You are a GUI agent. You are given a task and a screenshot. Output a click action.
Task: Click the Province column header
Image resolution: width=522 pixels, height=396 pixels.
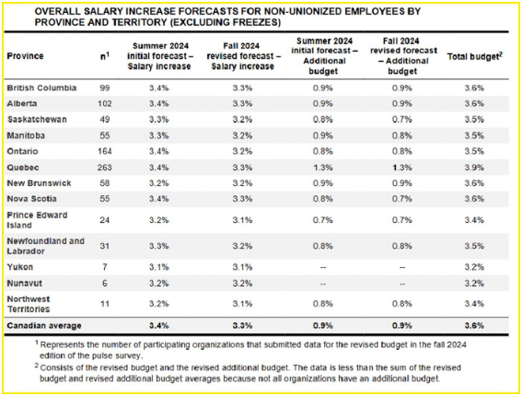pos(25,56)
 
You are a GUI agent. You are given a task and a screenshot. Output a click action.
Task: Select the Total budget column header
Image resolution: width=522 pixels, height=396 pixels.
pos(475,56)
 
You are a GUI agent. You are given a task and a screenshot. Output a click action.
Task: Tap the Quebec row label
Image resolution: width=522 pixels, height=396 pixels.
pos(23,168)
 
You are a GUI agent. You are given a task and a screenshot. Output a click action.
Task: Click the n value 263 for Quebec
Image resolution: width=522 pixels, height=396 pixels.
pos(105,168)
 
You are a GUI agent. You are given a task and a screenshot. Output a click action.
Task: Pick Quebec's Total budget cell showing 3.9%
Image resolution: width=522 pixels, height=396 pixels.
pos(474,168)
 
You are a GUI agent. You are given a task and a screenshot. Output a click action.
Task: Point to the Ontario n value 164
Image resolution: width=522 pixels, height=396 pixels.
pos(105,151)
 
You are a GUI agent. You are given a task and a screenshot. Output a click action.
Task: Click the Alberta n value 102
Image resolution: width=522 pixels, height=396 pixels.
pos(105,103)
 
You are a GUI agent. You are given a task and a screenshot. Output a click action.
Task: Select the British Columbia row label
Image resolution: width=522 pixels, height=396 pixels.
pos(41,87)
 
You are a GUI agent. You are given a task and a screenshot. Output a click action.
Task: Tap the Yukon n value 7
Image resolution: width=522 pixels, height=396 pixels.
pos(105,267)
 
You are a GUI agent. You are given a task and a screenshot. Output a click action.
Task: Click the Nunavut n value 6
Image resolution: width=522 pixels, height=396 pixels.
pos(105,284)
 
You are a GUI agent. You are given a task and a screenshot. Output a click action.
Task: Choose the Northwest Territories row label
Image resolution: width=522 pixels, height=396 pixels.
pos(29,304)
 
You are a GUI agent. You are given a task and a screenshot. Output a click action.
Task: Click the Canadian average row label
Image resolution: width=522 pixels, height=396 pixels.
pos(44,326)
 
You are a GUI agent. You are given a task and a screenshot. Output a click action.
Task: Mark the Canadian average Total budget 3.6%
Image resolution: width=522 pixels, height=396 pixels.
pos(474,326)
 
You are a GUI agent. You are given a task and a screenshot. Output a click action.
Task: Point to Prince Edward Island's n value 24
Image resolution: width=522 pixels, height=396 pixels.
pos(105,220)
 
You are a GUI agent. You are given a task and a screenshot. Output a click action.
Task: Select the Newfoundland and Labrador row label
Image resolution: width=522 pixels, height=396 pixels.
pos(46,246)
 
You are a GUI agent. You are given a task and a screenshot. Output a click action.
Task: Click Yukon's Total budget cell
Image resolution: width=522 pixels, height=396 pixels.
pos(474,267)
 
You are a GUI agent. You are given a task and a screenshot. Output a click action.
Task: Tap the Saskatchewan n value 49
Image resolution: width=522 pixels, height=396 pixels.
pos(105,120)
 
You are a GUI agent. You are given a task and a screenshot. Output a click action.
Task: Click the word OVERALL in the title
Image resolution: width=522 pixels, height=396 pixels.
pos(57,12)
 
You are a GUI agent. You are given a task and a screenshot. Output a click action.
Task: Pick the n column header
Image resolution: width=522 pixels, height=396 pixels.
pos(105,56)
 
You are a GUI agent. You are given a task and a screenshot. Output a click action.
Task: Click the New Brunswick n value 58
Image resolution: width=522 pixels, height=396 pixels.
pos(105,183)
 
